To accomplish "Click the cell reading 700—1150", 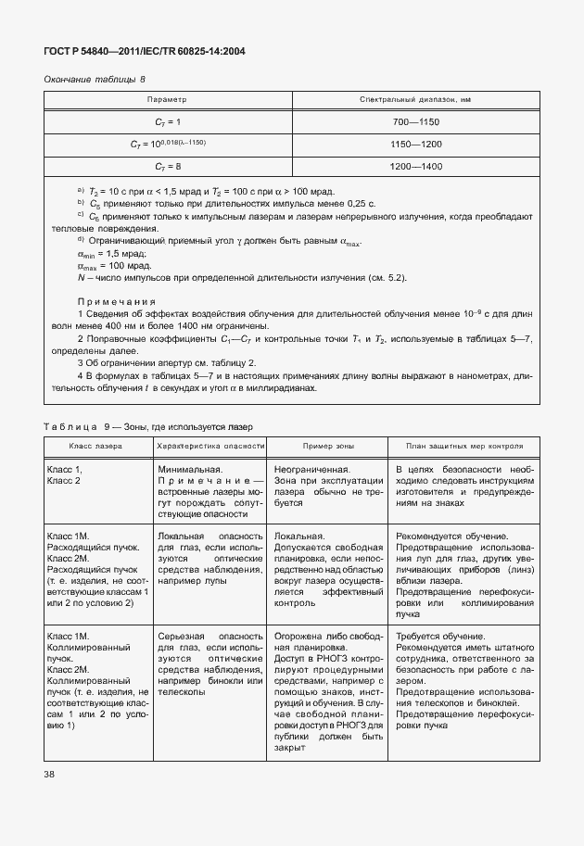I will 414,121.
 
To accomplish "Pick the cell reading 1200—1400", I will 414,166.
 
